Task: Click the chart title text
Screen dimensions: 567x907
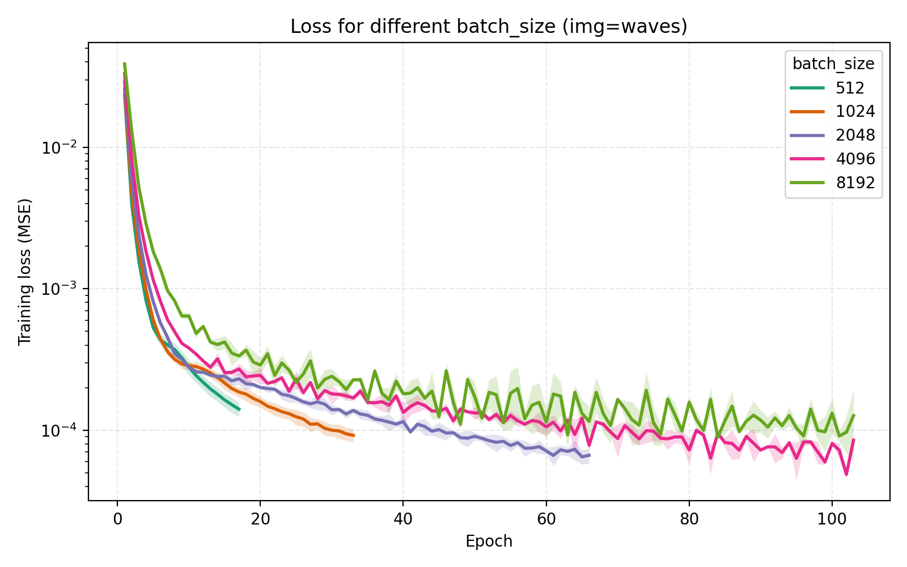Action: pyautogui.click(x=489, y=27)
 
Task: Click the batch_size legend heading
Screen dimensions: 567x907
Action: pyautogui.click(x=833, y=64)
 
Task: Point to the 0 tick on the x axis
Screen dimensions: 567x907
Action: pyautogui.click(x=117, y=518)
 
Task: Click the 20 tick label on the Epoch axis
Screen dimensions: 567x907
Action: pyautogui.click(x=260, y=518)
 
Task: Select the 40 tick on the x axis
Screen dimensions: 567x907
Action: pyautogui.click(x=403, y=518)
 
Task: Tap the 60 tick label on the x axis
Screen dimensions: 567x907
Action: pyautogui.click(x=546, y=518)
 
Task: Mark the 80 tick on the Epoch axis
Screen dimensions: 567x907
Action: pyautogui.click(x=689, y=518)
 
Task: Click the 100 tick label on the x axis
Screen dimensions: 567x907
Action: pyautogui.click(x=832, y=518)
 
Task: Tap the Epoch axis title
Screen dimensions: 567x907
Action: pyautogui.click(x=489, y=541)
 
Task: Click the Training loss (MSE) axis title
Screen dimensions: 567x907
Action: pyautogui.click(x=24, y=272)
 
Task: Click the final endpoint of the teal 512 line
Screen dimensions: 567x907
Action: pyautogui.click(x=239, y=409)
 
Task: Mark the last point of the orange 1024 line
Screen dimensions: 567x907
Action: pyautogui.click(x=354, y=435)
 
